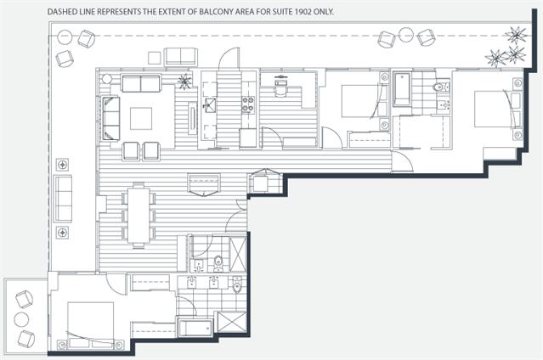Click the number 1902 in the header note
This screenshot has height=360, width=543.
point(303,11)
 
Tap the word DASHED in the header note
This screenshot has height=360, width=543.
point(59,11)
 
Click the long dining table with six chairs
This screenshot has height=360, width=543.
point(139,216)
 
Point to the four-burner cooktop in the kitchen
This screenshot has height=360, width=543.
point(248,105)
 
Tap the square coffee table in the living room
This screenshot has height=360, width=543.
point(141,119)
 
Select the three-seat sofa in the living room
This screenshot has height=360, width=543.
point(110,118)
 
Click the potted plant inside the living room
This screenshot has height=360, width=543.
point(184,82)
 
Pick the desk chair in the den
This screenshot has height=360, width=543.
point(281,89)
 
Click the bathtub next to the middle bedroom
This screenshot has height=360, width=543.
point(402,89)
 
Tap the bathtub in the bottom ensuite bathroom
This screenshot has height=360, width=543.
point(195,328)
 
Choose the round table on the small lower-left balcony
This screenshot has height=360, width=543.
point(21,319)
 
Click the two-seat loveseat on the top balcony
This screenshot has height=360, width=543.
point(181,57)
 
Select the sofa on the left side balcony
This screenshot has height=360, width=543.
point(63,199)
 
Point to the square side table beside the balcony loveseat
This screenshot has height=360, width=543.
point(155,58)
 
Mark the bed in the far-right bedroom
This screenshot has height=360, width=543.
point(494,109)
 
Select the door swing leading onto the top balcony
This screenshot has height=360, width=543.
point(229,58)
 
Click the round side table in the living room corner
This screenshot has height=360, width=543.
point(107,79)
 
